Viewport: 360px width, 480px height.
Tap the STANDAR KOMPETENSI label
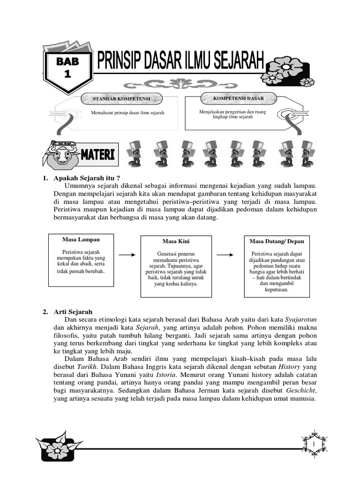click(x=121, y=99)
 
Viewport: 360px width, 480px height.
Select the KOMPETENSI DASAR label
click(x=239, y=98)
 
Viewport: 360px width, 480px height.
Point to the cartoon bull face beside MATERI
click(x=61, y=154)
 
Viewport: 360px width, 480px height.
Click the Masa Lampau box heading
click(x=81, y=240)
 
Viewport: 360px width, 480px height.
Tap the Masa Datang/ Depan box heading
click(x=277, y=241)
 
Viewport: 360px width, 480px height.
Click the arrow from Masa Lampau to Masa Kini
click(x=126, y=255)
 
